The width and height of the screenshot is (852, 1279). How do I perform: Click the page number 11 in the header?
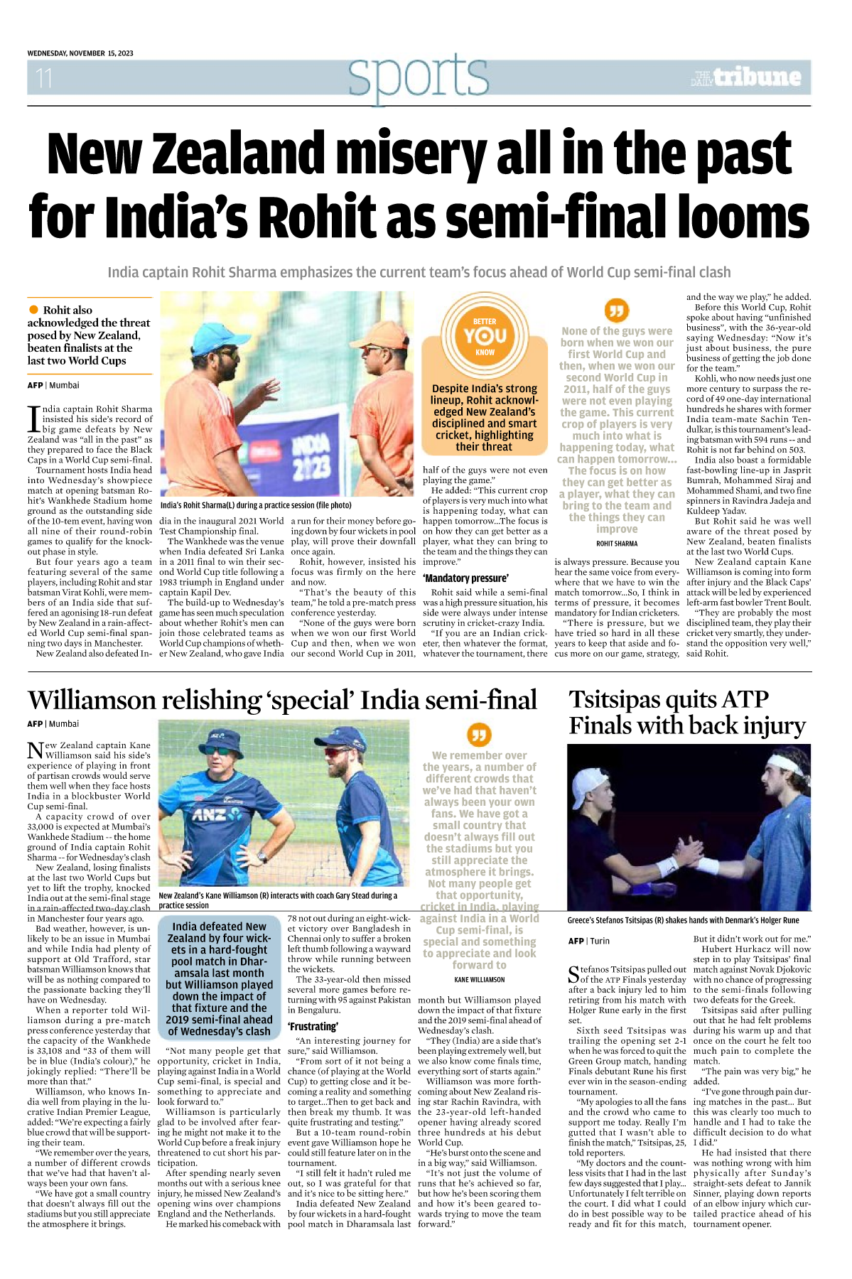pyautogui.click(x=44, y=77)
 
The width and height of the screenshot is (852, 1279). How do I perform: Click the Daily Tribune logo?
pyautogui.click(x=746, y=77)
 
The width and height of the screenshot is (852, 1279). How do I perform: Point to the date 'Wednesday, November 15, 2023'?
pyautogui.click(x=80, y=53)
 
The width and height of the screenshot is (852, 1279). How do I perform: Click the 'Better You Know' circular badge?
pyautogui.click(x=485, y=336)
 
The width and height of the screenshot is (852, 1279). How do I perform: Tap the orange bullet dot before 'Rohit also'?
pyautogui.click(x=33, y=310)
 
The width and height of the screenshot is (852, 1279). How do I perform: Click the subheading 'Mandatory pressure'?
pyautogui.click(x=465, y=578)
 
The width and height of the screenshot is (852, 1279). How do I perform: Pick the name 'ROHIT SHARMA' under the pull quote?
pyautogui.click(x=617, y=544)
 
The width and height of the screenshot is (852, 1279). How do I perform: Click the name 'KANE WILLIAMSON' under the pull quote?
pyautogui.click(x=480, y=979)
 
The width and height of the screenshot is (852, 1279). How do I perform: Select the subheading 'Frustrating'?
pyautogui.click(x=313, y=1026)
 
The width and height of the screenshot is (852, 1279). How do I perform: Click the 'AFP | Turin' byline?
pyautogui.click(x=589, y=941)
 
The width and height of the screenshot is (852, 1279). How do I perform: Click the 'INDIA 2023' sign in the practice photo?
pyautogui.click(x=311, y=455)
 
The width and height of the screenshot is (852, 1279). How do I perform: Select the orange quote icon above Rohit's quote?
pyautogui.click(x=616, y=311)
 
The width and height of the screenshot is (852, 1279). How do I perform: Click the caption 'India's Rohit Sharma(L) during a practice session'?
pyautogui.click(x=256, y=505)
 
